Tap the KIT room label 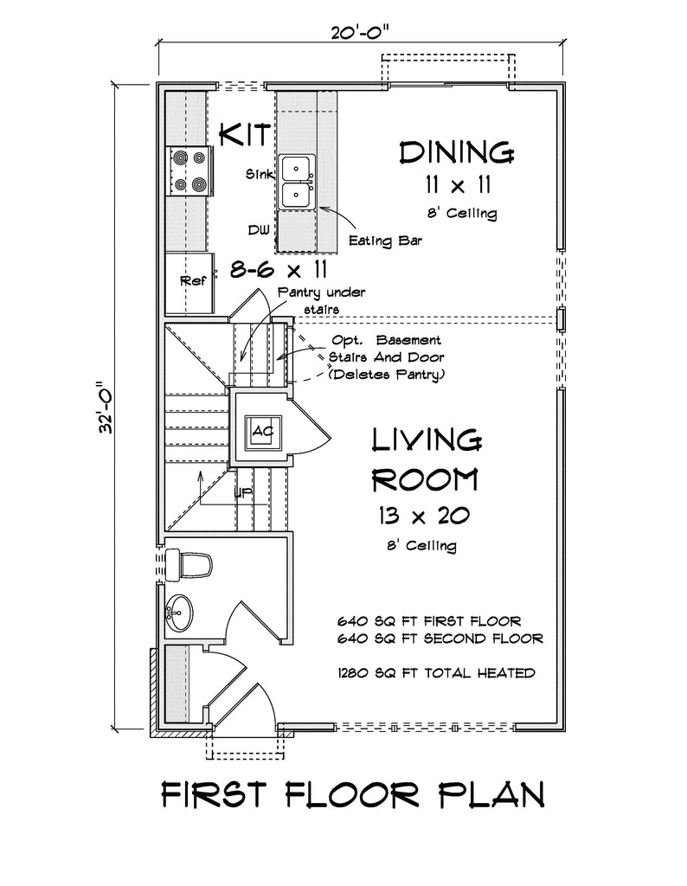coord(246,135)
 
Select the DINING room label coord(456,152)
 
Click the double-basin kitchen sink coord(297,182)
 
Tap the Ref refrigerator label coord(190,281)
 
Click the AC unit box coord(261,430)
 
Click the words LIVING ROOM coord(426,458)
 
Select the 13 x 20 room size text coord(423,517)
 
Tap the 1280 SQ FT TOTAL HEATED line coord(436,672)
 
